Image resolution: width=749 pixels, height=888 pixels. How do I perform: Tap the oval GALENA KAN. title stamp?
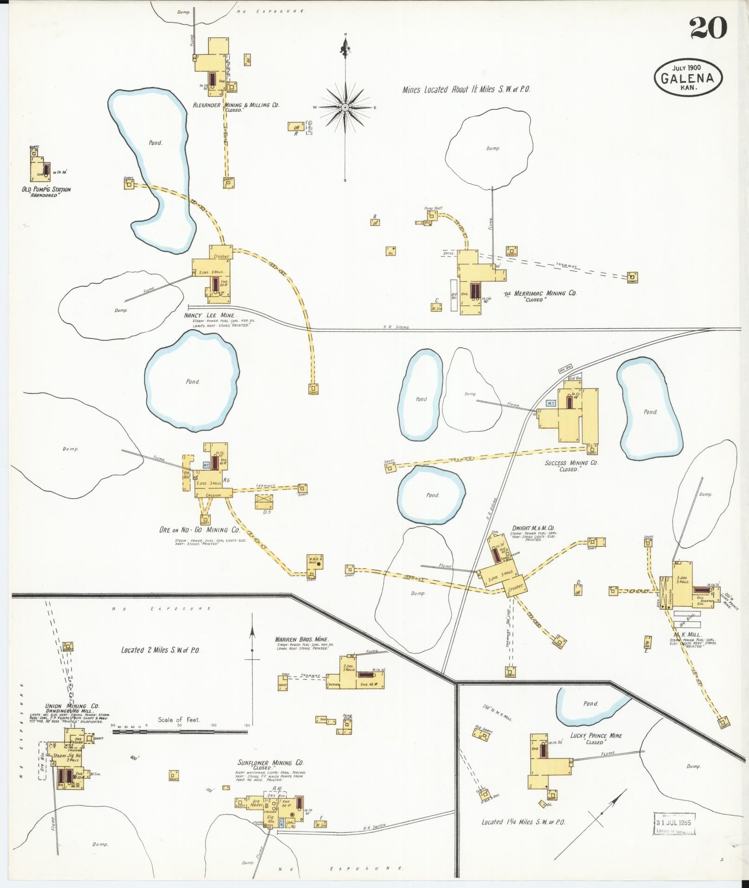pos(688,78)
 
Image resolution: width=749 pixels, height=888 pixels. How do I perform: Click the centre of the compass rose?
pos(345,108)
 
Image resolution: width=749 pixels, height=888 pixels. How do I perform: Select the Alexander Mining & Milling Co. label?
pos(236,105)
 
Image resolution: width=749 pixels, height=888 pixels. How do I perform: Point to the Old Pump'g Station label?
pos(46,189)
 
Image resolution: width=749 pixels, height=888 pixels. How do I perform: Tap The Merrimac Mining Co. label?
pos(541,293)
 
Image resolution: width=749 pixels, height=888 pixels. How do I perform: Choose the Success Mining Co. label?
pos(572,463)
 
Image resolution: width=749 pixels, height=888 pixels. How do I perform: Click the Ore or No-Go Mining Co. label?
pos(200,530)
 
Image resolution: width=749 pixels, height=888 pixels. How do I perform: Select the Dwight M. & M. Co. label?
pos(533,528)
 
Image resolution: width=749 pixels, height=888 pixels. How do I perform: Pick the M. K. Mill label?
pos(688,635)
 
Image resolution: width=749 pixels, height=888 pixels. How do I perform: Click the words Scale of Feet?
pos(179,720)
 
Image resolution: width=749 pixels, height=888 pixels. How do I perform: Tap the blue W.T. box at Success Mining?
pos(551,403)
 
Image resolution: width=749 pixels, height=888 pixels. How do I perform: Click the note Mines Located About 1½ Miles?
pos(466,90)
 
